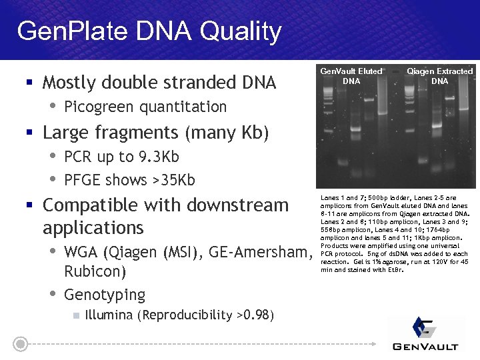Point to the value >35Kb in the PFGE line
pyautogui.click(x=176, y=180)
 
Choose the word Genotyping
pyautogui.click(x=105, y=295)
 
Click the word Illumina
pyautogui.click(x=109, y=315)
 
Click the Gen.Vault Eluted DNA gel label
pyautogui.click(x=351, y=76)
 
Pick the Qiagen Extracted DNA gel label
pyautogui.click(x=439, y=76)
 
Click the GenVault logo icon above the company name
pyautogui.click(x=423, y=327)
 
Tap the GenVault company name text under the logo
pyautogui.click(x=425, y=346)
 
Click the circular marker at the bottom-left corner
pyautogui.click(x=21, y=344)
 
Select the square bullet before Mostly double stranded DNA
pyautogui.click(x=29, y=83)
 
